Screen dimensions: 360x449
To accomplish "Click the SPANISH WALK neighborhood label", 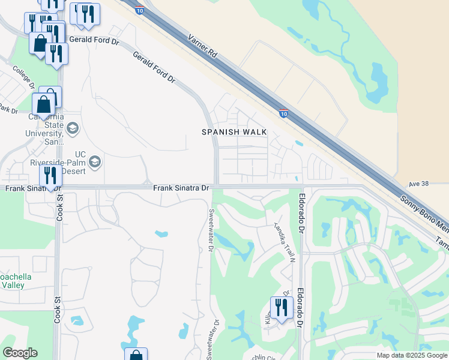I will point(234,132).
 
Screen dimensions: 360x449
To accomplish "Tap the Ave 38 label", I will point(420,183).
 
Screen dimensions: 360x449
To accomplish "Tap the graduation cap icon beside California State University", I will point(73,128).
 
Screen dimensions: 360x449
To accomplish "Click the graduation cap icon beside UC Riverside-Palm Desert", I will point(94,161).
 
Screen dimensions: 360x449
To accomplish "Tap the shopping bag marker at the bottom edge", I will point(136,355).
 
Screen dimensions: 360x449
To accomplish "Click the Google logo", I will point(20,353).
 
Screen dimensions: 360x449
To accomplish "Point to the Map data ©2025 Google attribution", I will point(411,355).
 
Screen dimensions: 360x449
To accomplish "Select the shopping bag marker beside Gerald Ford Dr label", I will point(40,43).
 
